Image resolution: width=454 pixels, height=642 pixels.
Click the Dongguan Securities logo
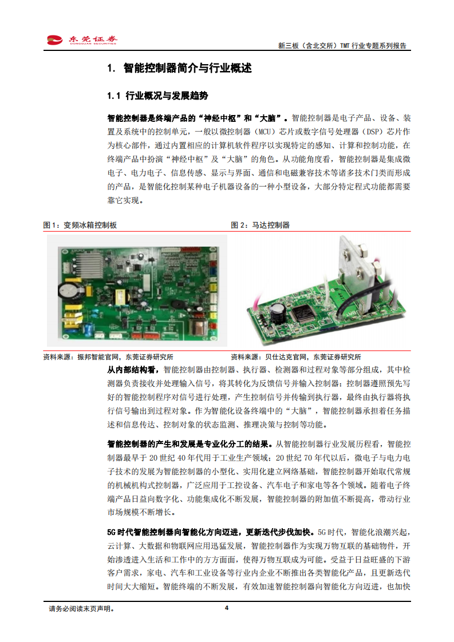pos(82,39)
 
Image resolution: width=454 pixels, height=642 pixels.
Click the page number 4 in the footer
pos(227,608)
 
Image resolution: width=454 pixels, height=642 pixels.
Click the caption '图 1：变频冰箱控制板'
pos(80,225)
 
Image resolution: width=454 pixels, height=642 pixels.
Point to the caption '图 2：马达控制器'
pos(260,225)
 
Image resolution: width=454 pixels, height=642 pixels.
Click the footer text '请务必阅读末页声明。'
pos(82,609)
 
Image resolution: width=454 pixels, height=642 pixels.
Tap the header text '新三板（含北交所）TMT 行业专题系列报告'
pos(342,46)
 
